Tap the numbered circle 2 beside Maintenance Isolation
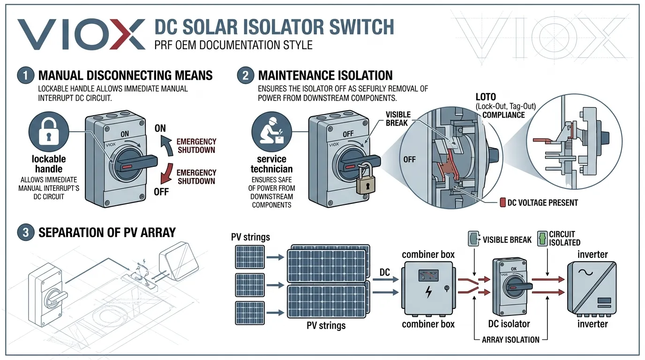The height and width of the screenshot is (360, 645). pyautogui.click(x=246, y=76)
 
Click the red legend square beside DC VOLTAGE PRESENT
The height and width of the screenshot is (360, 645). pyautogui.click(x=503, y=202)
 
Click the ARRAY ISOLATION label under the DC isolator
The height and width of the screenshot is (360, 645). pyautogui.click(x=510, y=340)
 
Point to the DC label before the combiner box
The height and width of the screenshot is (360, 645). pyautogui.click(x=384, y=272)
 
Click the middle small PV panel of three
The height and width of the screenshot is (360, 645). pyautogui.click(x=247, y=285)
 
